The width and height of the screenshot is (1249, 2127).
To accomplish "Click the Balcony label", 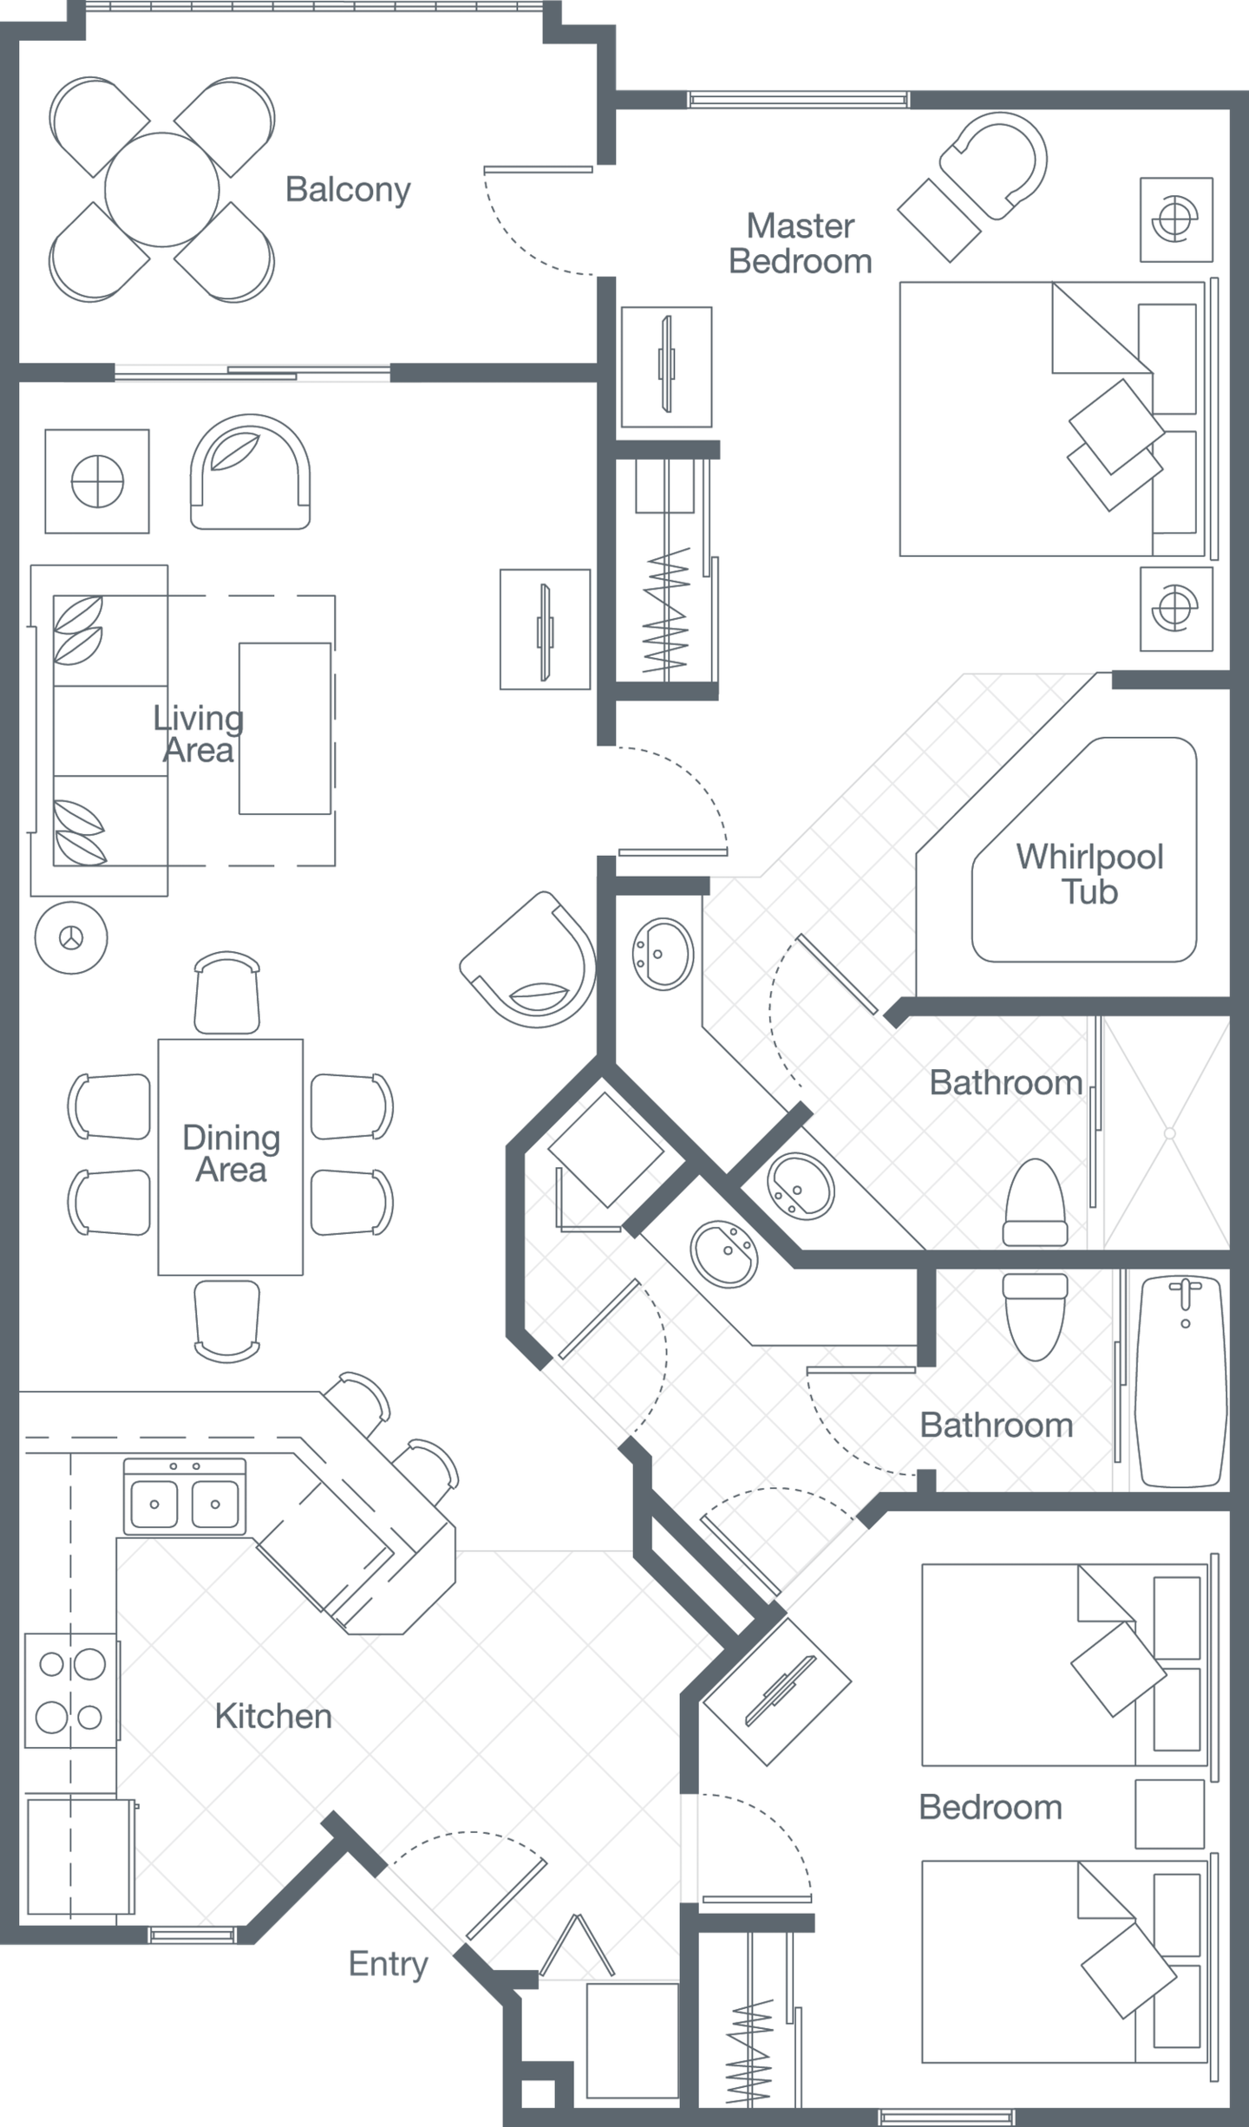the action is [x=348, y=190].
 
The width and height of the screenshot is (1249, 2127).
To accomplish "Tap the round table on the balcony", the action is [x=162, y=189].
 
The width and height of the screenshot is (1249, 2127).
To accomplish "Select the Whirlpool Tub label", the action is [x=1089, y=874].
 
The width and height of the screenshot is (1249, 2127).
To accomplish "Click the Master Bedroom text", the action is [x=800, y=244].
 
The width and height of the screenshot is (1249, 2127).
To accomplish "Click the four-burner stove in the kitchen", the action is [x=71, y=1690].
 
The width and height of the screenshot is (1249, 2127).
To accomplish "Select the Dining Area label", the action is [x=231, y=1153].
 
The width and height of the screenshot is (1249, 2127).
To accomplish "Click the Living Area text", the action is [x=198, y=734].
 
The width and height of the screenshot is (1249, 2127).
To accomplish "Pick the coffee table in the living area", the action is [x=285, y=728].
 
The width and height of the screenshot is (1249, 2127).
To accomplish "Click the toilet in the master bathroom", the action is [x=1035, y=1204].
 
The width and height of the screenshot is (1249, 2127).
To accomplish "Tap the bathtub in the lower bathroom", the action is [x=1182, y=1383].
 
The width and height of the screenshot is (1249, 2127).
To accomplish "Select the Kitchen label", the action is [x=273, y=1716].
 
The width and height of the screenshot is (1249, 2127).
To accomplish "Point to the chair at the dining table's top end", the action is [x=227, y=993].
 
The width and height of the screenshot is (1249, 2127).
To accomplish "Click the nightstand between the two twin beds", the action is [x=1170, y=1814].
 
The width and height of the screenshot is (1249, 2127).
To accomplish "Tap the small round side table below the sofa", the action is [x=71, y=937].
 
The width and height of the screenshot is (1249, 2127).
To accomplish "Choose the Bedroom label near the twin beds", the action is [x=991, y=1807].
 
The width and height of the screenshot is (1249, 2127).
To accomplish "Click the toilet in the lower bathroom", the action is [x=1035, y=1316].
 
